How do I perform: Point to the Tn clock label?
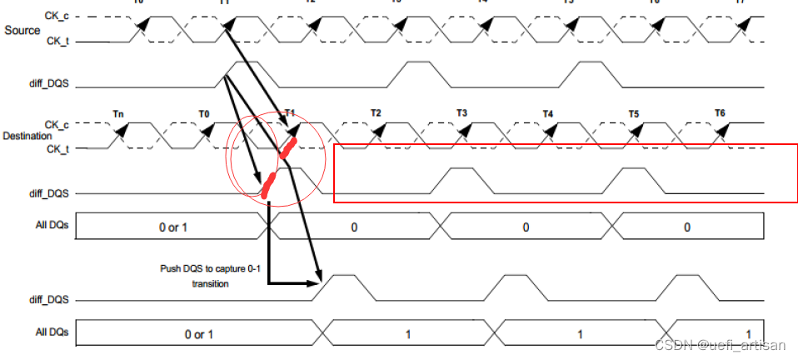tap(118, 113)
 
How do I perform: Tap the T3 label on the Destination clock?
tap(461, 113)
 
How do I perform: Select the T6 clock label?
tap(720, 112)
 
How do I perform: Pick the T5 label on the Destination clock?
tap(633, 113)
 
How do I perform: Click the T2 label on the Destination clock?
tap(376, 113)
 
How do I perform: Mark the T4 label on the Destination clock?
tap(547, 113)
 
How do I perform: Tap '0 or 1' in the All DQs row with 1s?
tap(199, 333)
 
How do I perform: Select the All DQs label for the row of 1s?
tap(50, 332)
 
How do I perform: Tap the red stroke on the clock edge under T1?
tap(287, 147)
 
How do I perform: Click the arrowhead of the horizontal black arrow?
tap(317, 283)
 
